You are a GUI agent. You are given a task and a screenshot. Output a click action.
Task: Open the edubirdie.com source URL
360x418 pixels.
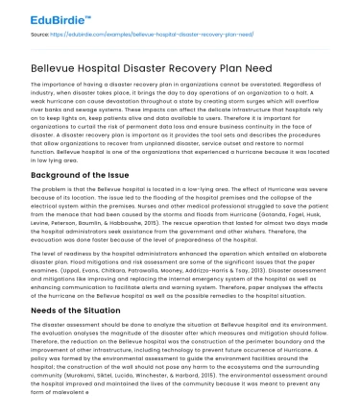(135, 32)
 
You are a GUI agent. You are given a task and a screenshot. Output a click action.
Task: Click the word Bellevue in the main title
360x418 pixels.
(59, 60)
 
